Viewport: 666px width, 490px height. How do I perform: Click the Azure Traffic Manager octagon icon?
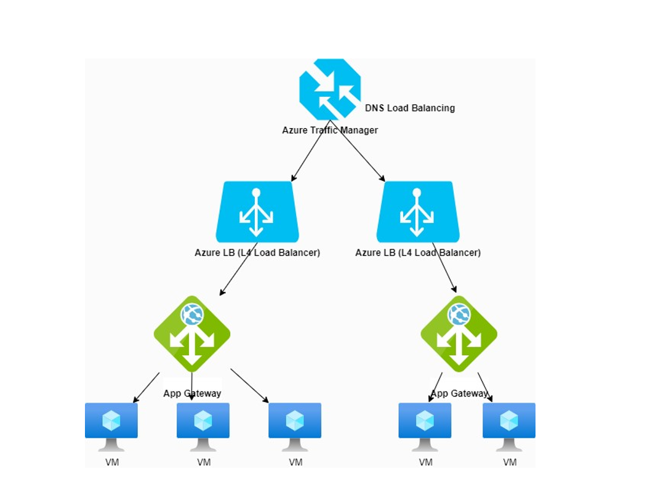pyautogui.click(x=330, y=89)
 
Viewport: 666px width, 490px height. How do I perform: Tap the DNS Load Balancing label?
pyautogui.click(x=410, y=108)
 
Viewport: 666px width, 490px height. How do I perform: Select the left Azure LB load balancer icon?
pyautogui.click(x=257, y=212)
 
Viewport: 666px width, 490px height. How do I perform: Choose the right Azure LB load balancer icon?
pyautogui.click(x=418, y=212)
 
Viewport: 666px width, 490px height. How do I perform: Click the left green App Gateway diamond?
pyautogui.click(x=192, y=334)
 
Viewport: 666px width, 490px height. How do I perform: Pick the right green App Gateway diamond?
pyautogui.click(x=459, y=334)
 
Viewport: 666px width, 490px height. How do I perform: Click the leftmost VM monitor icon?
pyautogui.click(x=111, y=427)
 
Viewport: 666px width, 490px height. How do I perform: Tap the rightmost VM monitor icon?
pyautogui.click(x=509, y=427)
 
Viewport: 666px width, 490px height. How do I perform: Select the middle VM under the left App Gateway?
pyautogui.click(x=203, y=427)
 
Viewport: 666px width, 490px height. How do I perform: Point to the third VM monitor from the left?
pyautogui.click(x=295, y=427)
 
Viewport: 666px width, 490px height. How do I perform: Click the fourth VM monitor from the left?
pyautogui.click(x=425, y=427)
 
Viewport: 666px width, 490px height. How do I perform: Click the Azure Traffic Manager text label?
pyautogui.click(x=330, y=131)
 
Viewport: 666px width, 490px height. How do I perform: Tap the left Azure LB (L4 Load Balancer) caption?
pyautogui.click(x=257, y=252)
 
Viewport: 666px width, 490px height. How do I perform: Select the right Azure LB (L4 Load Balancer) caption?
pyautogui.click(x=418, y=252)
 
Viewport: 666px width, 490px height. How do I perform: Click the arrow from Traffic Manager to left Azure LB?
pyautogui.click(x=311, y=151)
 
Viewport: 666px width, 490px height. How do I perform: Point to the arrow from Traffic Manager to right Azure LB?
pyautogui.click(x=358, y=151)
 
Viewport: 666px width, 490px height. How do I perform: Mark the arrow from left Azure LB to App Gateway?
pyautogui.click(x=238, y=269)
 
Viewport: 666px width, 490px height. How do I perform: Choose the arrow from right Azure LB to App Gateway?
pyautogui.click(x=444, y=268)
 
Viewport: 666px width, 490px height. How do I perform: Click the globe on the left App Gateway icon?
pyautogui.click(x=192, y=315)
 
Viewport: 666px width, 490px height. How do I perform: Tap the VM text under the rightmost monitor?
pyautogui.click(x=510, y=462)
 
